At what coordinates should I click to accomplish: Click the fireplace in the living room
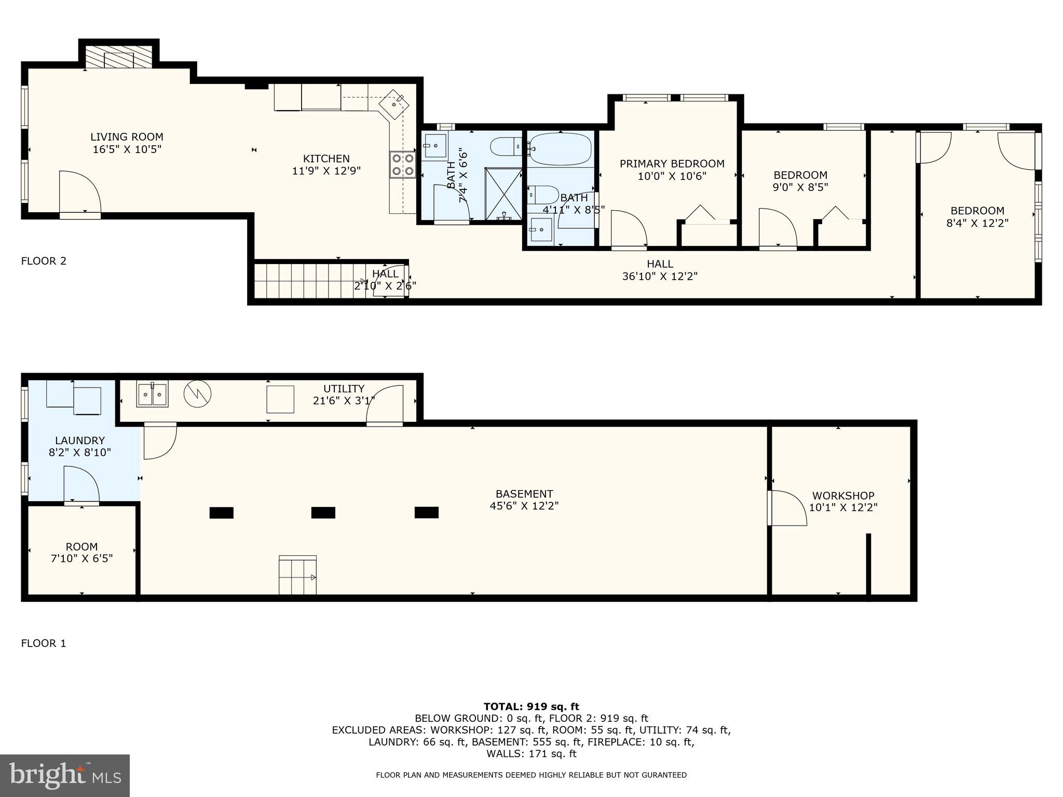pos(119,57)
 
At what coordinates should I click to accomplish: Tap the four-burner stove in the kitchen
pos(403,164)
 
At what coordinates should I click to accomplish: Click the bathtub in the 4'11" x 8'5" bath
pos(561,148)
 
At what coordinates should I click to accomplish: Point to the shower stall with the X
pos(503,194)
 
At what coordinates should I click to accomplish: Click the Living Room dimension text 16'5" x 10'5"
pos(127,149)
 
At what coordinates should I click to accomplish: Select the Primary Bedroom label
pos(672,164)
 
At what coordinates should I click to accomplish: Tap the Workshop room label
pos(843,496)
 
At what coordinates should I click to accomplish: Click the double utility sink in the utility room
pos(152,394)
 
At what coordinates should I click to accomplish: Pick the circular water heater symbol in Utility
pos(197,394)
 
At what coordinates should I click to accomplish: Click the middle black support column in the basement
pos(323,513)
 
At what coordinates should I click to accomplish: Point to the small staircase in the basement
pos(297,575)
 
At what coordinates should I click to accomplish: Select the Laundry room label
pos(80,441)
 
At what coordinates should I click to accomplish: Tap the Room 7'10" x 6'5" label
pos(81,552)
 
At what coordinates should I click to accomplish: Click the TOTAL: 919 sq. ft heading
pos(531,706)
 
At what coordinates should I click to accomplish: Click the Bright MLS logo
pos(65,775)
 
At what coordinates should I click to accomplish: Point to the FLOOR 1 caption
pos(44,643)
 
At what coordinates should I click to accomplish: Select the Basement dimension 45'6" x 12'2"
pos(524,505)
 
